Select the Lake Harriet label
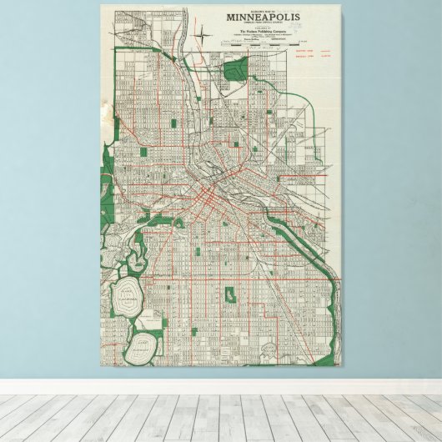point(145,340)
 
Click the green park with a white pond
point(229,296)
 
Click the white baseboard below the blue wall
point(221,386)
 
